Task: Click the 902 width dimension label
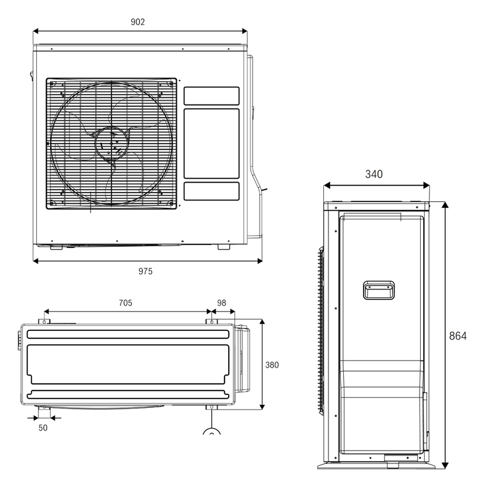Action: (x=138, y=22)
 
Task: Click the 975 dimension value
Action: (x=145, y=271)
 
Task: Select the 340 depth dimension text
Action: (x=373, y=174)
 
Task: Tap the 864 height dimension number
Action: (x=458, y=336)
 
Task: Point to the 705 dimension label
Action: (x=125, y=302)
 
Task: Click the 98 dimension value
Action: (x=222, y=302)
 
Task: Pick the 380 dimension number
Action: (x=272, y=365)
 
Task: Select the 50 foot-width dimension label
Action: (x=43, y=428)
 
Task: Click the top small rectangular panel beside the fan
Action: (x=211, y=96)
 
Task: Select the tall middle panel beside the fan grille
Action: (x=211, y=144)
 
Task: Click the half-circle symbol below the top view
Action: (x=211, y=432)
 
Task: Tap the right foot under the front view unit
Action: (x=223, y=247)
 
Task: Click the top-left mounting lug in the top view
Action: (x=43, y=322)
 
